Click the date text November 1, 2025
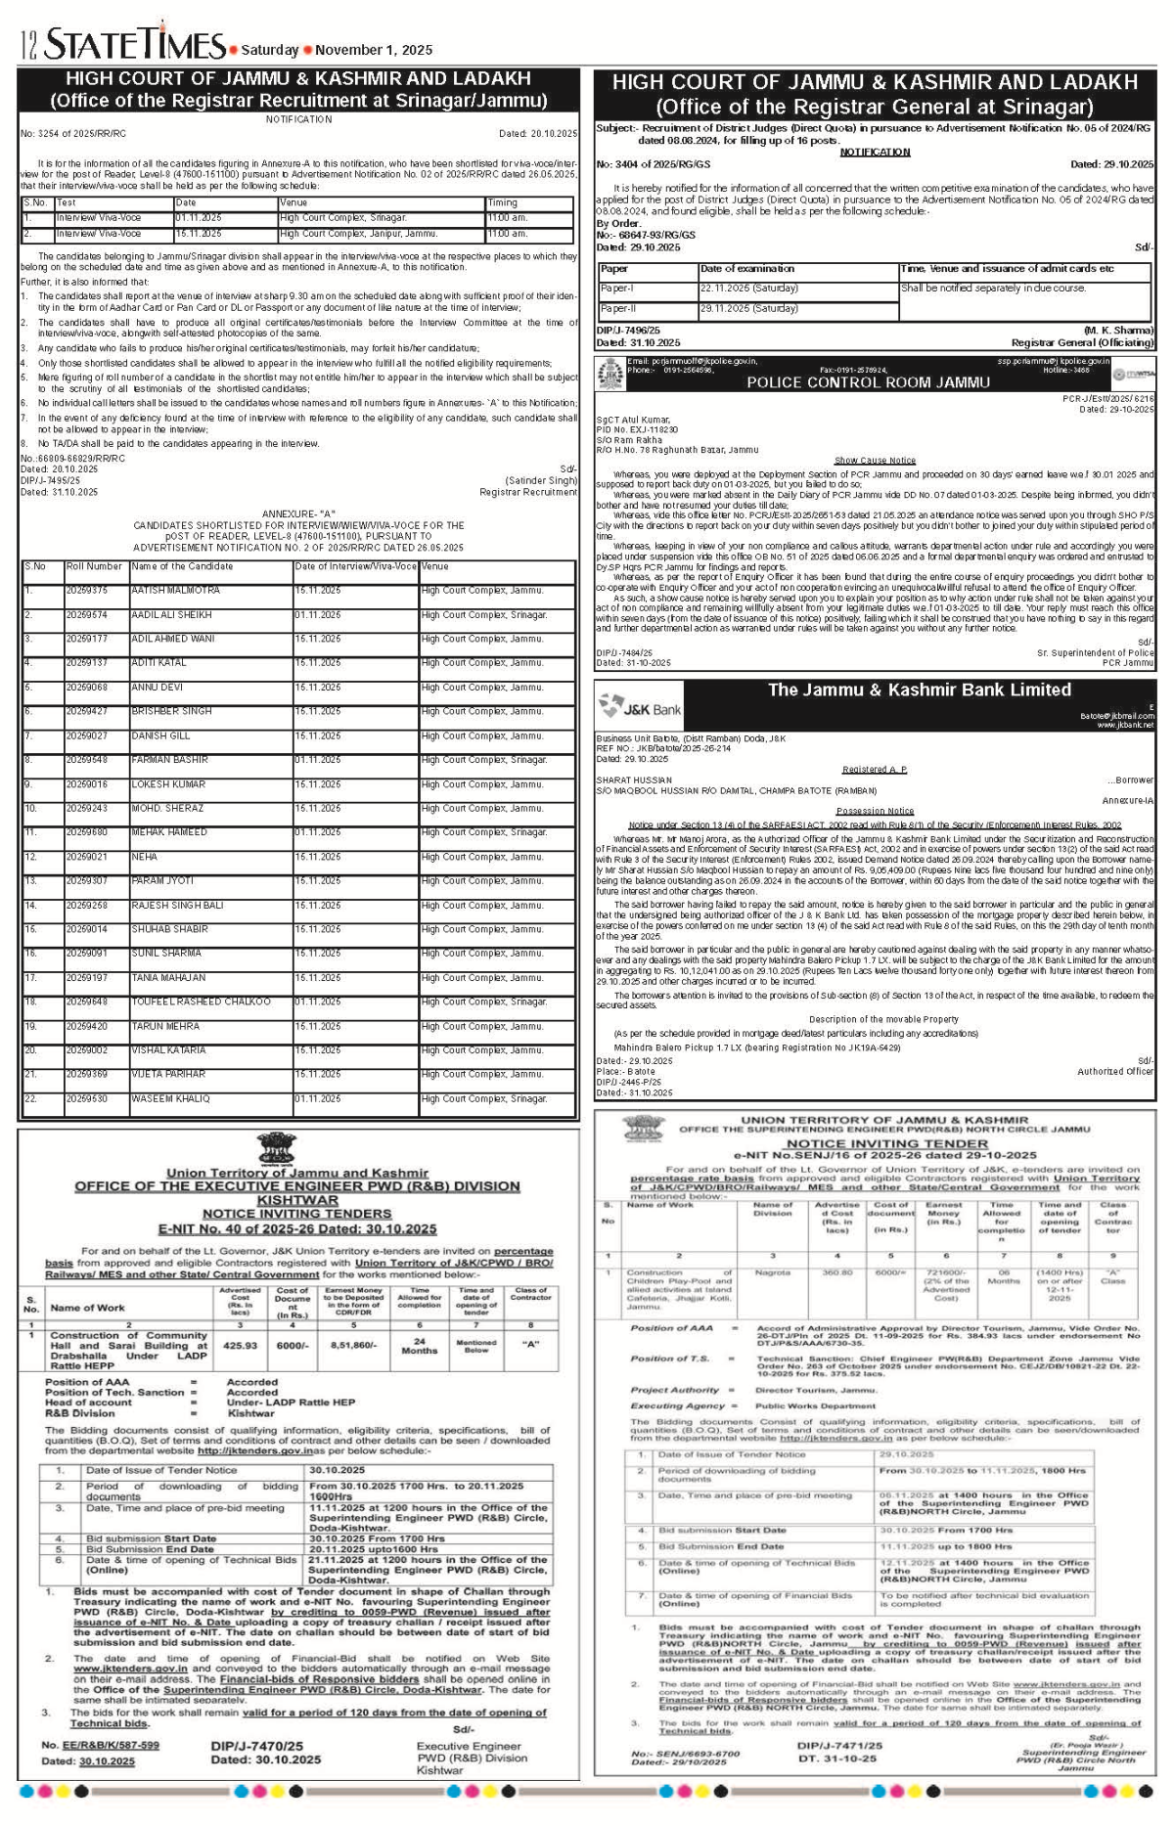374,50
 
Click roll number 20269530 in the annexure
87,1098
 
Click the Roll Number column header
94,566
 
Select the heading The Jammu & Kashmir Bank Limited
919,690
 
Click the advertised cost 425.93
240,1346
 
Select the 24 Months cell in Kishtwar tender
419,1346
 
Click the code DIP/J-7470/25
257,1745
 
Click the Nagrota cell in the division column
773,1273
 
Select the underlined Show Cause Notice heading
875,460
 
